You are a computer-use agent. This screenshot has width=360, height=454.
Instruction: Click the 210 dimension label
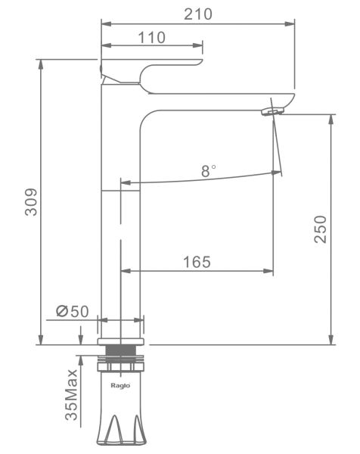tap(198, 14)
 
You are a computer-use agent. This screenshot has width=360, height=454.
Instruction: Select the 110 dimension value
tap(152, 38)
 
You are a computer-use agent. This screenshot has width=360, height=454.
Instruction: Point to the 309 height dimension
tap(31, 202)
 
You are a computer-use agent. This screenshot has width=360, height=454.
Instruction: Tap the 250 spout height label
tap(321, 229)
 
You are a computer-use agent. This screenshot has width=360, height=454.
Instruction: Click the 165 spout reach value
tap(197, 262)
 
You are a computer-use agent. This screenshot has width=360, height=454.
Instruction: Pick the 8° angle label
tap(208, 171)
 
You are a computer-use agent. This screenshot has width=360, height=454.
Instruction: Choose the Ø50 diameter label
tap(73, 312)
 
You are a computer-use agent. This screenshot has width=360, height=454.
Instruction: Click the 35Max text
tap(71, 395)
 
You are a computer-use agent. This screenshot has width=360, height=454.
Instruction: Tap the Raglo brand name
tap(120, 385)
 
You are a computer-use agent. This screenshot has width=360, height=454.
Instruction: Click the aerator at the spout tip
tap(272, 111)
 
